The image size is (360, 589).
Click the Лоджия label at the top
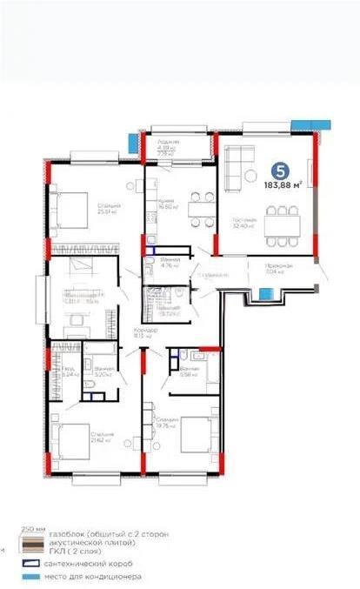click(x=169, y=144)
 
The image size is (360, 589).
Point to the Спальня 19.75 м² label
click(x=167, y=422)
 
